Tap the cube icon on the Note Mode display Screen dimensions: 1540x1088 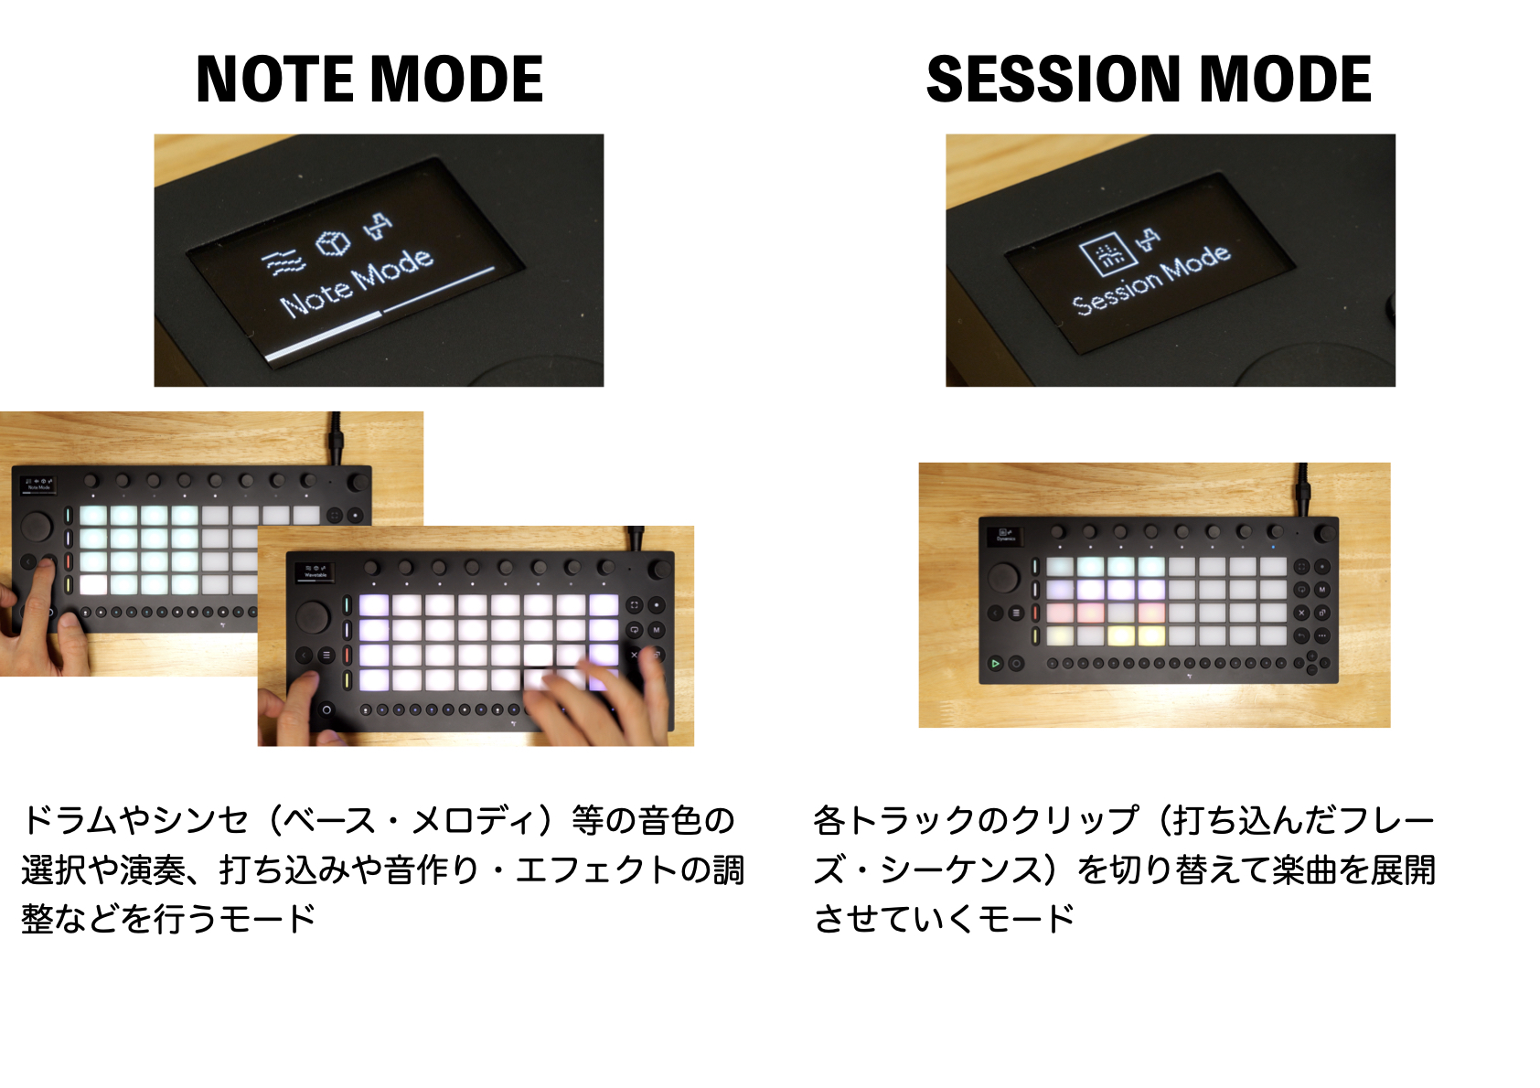(333, 242)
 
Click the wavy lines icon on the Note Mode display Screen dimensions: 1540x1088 (283, 263)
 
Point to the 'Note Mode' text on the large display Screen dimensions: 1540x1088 (356, 283)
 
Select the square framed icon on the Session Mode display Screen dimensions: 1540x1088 (1104, 253)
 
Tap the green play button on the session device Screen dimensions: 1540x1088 (995, 663)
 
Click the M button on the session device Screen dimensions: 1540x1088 (1321, 589)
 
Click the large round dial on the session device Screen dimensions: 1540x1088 (1004, 577)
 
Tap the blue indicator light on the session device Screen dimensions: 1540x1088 (1273, 547)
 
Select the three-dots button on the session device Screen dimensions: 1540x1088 (1321, 635)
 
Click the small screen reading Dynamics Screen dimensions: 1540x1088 (1004, 536)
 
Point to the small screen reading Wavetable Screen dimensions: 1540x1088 (315, 571)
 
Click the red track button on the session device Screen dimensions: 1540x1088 (1035, 613)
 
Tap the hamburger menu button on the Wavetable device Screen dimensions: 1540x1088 (326, 656)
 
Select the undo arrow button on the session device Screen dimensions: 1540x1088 (1300, 635)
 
